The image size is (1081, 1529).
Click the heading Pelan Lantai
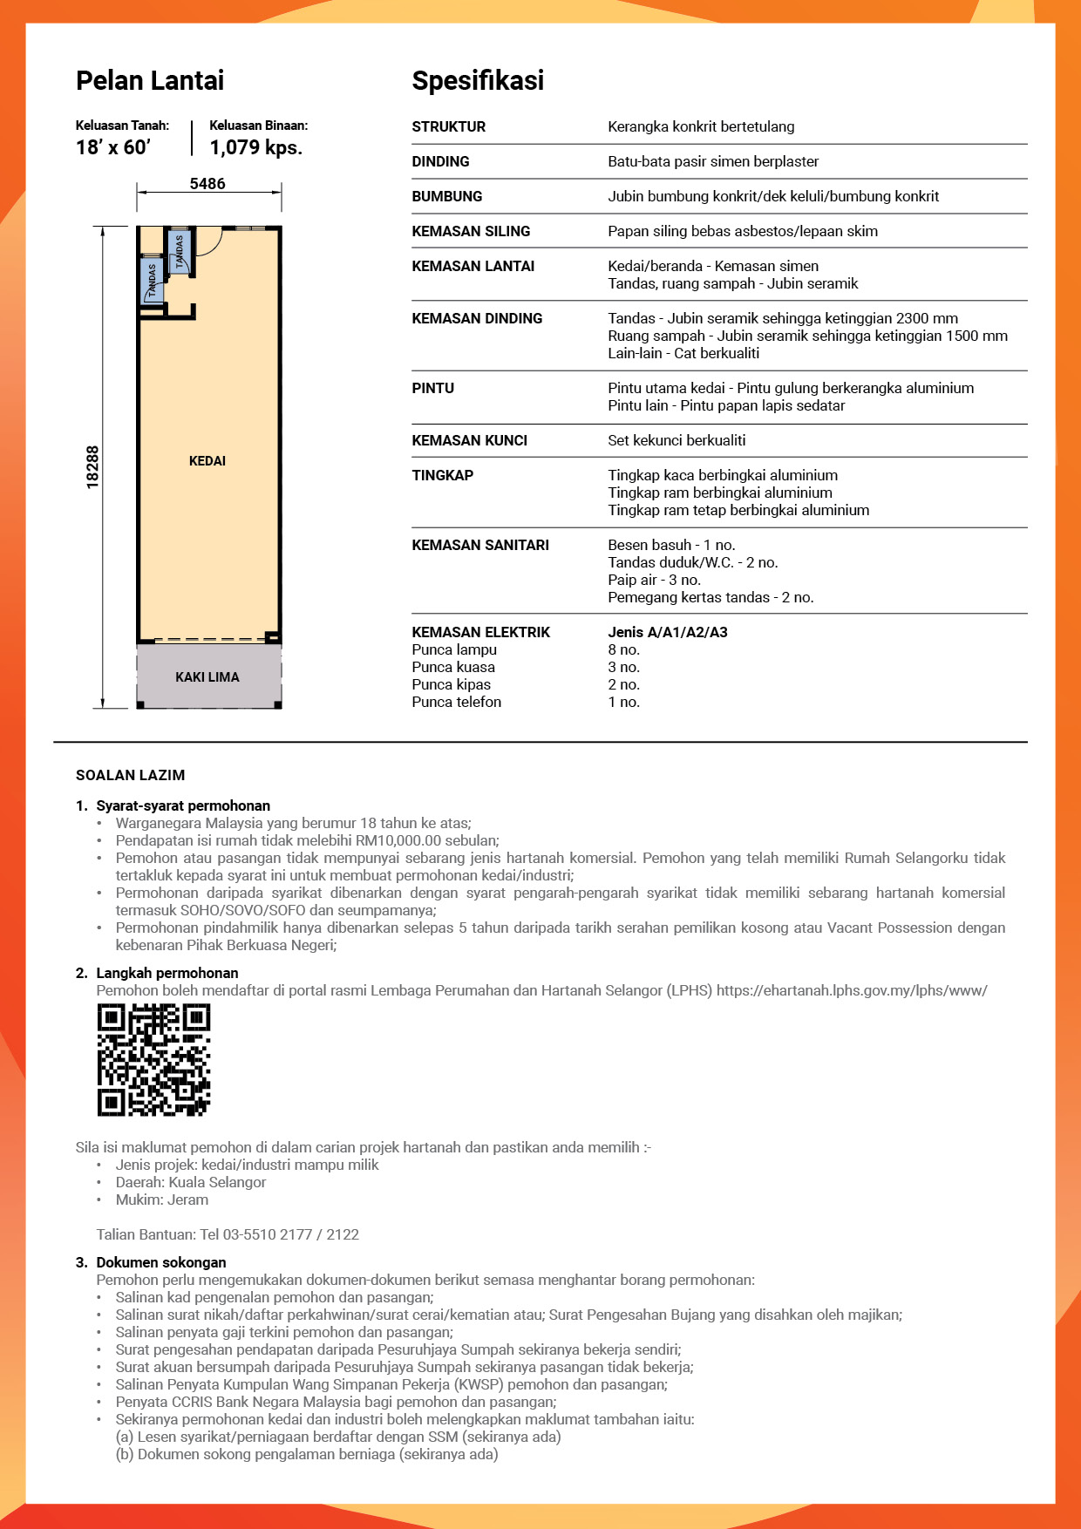pyautogui.click(x=150, y=81)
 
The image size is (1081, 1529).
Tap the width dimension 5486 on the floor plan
pyautogui.click(x=207, y=184)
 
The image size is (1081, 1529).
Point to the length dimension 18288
pyautogui.click(x=92, y=467)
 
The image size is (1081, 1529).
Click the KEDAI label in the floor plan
pyautogui.click(x=207, y=461)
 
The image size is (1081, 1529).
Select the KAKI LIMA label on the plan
pyautogui.click(x=207, y=677)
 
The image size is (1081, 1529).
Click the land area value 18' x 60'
pyautogui.click(x=113, y=147)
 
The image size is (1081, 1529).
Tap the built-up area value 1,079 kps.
pyautogui.click(x=256, y=147)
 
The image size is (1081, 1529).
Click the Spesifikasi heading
pyautogui.click(x=478, y=81)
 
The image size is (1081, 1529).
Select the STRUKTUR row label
pyautogui.click(x=449, y=127)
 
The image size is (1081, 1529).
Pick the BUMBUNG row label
pyautogui.click(x=447, y=197)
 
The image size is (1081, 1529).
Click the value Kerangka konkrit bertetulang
pyautogui.click(x=701, y=127)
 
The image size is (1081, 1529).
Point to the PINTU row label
pyautogui.click(x=433, y=389)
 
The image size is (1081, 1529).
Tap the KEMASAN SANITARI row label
pyautogui.click(x=480, y=546)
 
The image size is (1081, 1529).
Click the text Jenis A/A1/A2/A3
pyautogui.click(x=668, y=633)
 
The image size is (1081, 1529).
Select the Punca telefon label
pyautogui.click(x=457, y=703)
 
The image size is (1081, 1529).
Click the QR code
pyautogui.click(x=154, y=1060)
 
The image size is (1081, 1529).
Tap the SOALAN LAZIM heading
pyautogui.click(x=131, y=776)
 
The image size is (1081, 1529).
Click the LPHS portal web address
pyautogui.click(x=852, y=991)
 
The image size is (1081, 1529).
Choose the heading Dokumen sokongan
pyautogui.click(x=161, y=1263)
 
